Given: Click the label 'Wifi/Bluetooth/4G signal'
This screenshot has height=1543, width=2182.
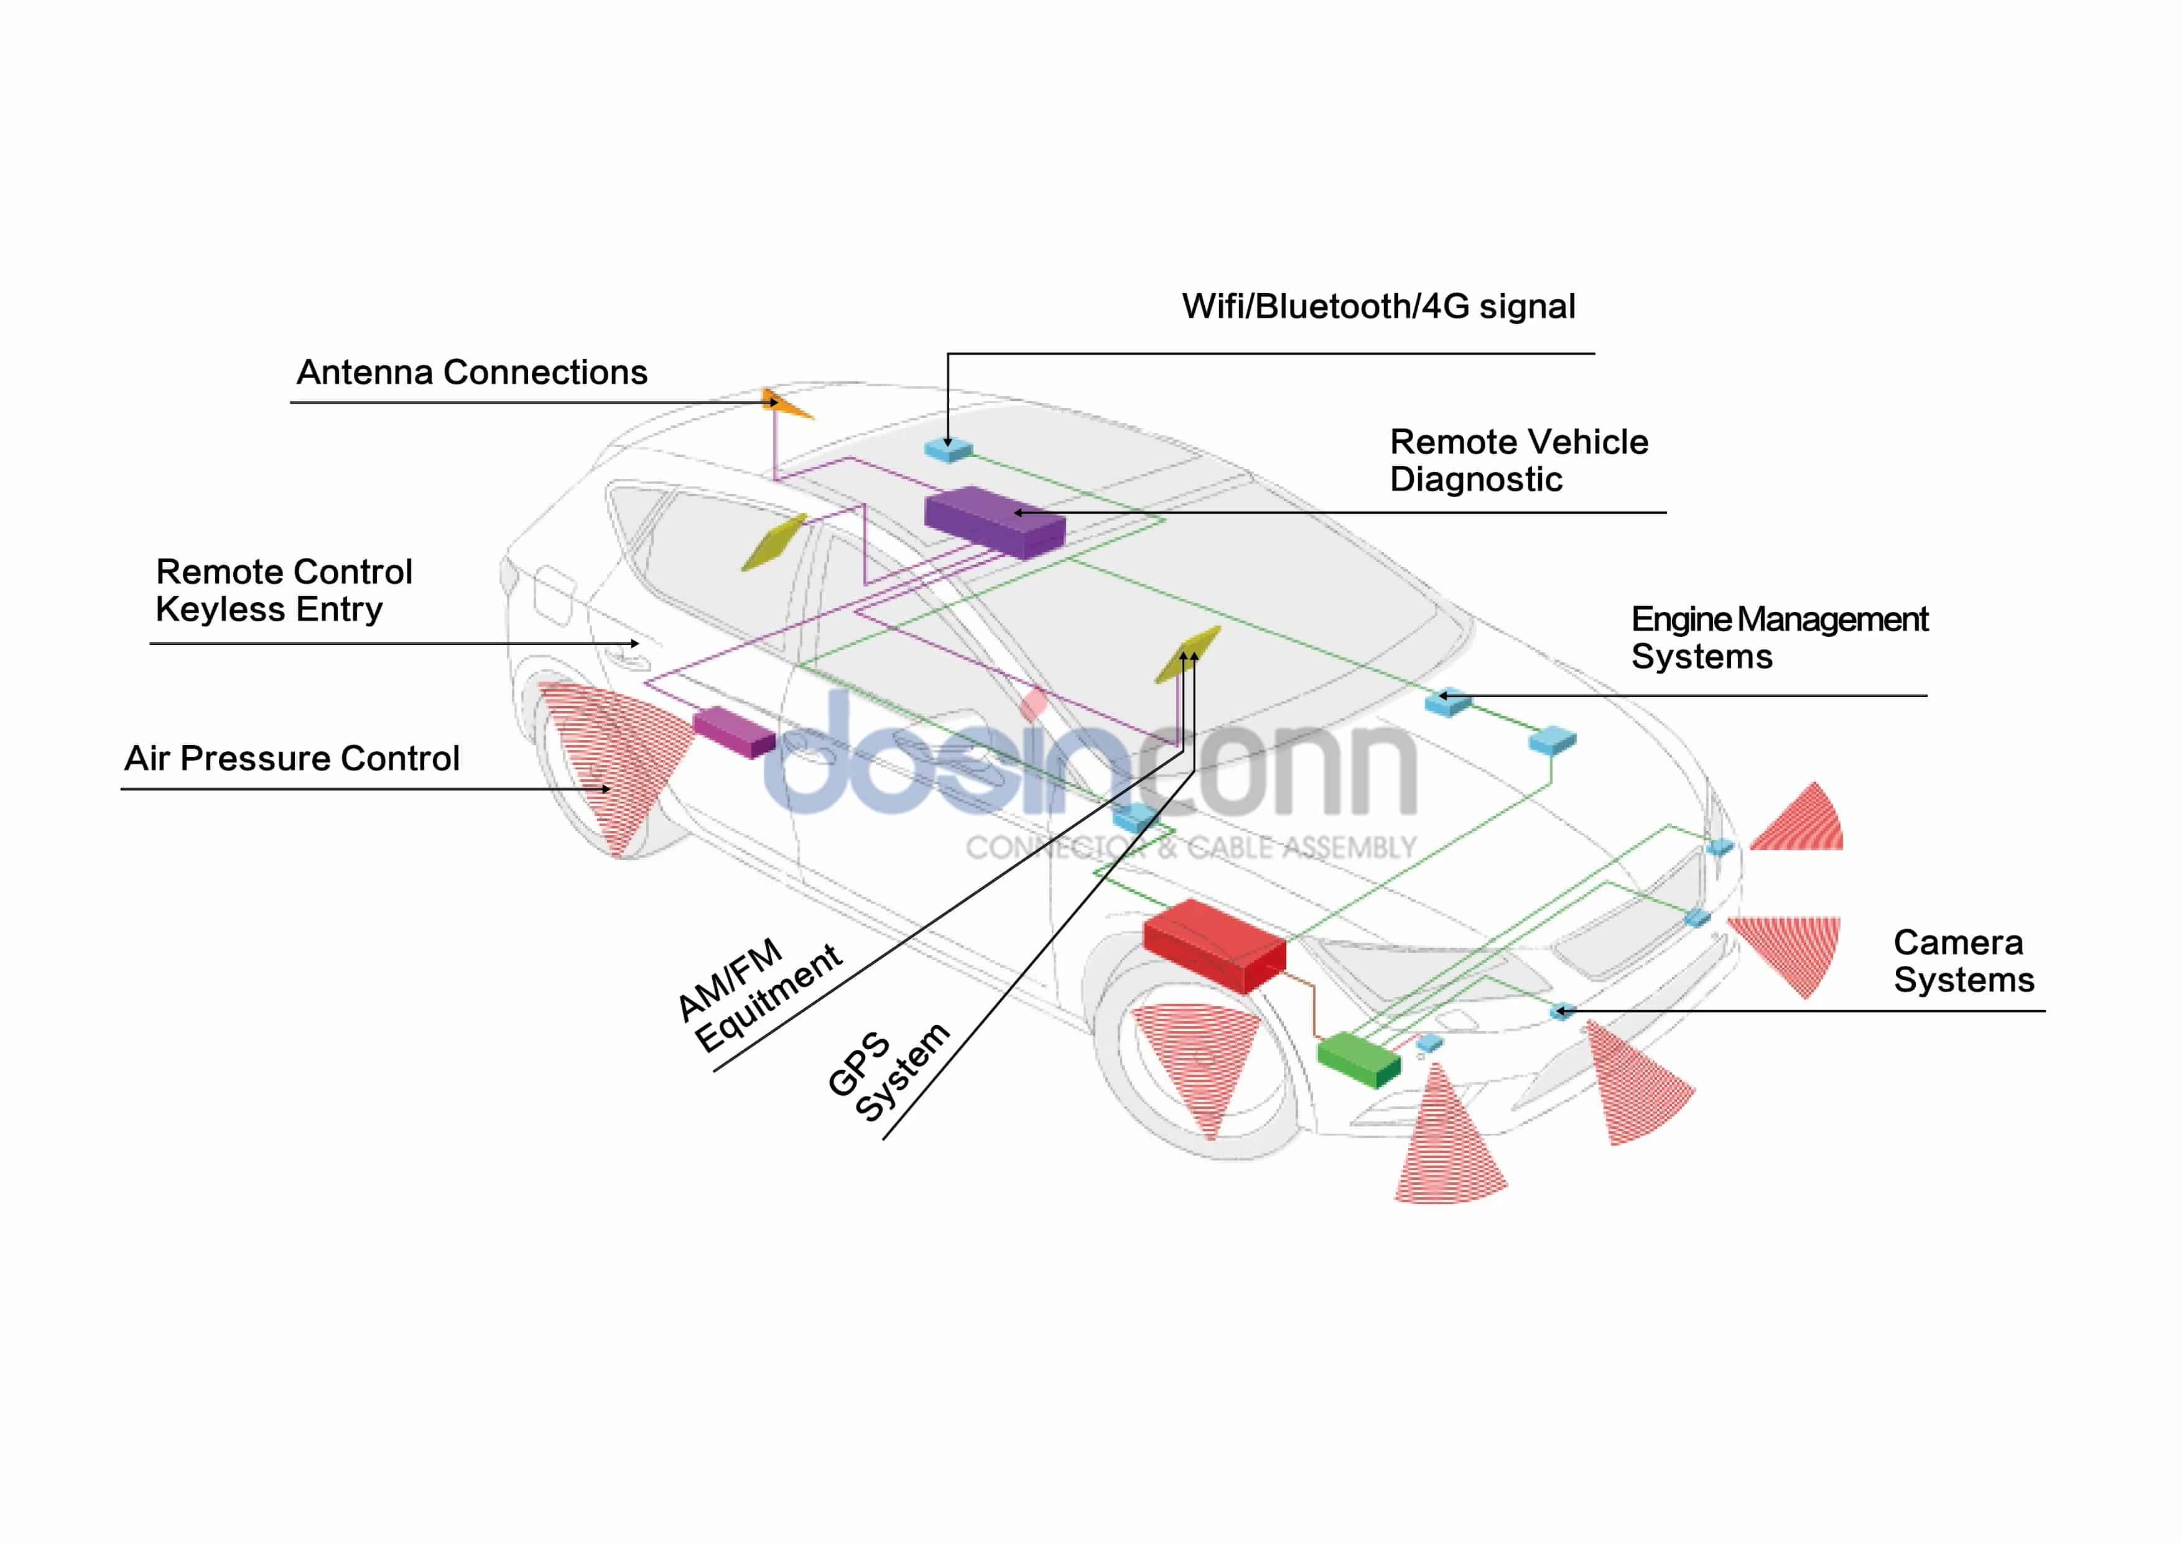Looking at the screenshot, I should click(x=1378, y=307).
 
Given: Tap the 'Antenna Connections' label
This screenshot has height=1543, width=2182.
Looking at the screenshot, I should click(x=471, y=373).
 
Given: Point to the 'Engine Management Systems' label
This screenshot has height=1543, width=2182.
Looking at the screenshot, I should click(x=1778, y=637).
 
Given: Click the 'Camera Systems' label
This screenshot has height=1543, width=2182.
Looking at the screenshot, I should click(x=1964, y=961).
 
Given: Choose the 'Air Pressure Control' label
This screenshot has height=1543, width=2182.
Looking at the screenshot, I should click(x=292, y=758).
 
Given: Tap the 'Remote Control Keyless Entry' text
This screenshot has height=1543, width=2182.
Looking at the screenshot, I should click(x=283, y=590).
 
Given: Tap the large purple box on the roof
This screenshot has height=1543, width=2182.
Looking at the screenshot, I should click(x=994, y=522).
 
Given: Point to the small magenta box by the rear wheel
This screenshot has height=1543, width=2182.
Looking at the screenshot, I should click(x=734, y=731).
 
